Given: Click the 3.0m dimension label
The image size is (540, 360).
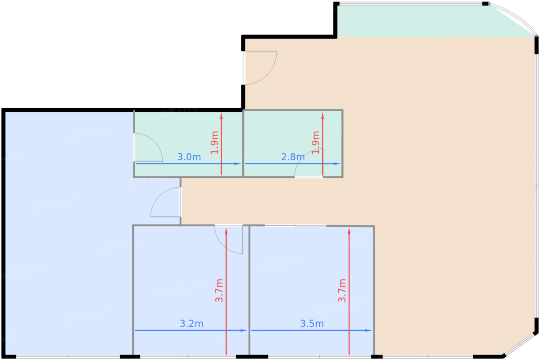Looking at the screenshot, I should pyautogui.click(x=189, y=157).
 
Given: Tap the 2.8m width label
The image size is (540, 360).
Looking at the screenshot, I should pyautogui.click(x=293, y=157).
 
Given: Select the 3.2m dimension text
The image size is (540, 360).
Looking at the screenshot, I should pyautogui.click(x=191, y=323).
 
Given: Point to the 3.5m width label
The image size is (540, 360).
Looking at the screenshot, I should pyautogui.click(x=312, y=323).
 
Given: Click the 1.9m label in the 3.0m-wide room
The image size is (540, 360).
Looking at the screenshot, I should pyautogui.click(x=214, y=142).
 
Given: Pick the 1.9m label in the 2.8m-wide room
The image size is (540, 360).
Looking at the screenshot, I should pyautogui.click(x=316, y=142).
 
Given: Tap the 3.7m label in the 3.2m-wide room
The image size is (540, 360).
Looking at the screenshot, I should pyautogui.click(x=219, y=290).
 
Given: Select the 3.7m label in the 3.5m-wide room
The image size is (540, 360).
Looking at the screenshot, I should pyautogui.click(x=342, y=290).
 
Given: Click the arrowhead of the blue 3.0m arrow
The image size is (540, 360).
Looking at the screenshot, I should pyautogui.click(x=239, y=163).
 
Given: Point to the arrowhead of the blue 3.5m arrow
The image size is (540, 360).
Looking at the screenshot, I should pyautogui.click(x=369, y=330).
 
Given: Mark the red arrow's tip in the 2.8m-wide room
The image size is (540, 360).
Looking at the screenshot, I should pyautogui.click(x=323, y=114).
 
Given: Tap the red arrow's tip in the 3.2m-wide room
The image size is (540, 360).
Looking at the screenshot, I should pyautogui.click(x=226, y=230).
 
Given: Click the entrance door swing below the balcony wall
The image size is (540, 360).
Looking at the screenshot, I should pyautogui.click(x=259, y=67).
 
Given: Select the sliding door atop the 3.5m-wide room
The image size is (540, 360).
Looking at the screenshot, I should pyautogui.click(x=295, y=225).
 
